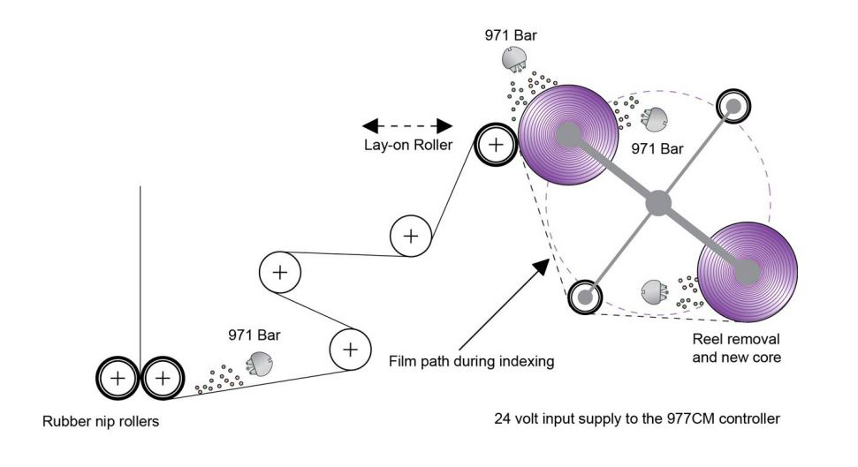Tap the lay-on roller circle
496,144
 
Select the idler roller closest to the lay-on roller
410,236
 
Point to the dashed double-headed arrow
407,124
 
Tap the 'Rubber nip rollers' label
101,420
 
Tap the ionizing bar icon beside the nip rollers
260,362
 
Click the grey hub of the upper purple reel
568,135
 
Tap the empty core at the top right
734,105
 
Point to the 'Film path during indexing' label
472,361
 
